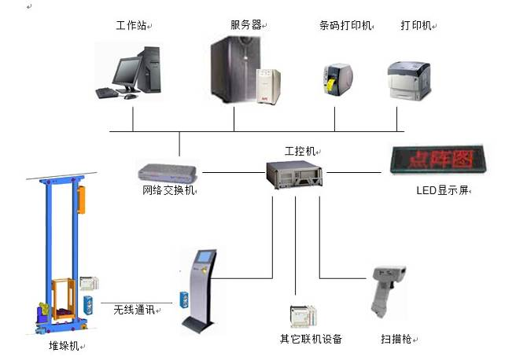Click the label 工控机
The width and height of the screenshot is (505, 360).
pos(297,149)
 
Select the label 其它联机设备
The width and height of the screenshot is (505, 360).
pos(311,340)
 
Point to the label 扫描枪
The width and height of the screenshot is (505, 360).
pos(396,340)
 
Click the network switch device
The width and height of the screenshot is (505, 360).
pos(168,172)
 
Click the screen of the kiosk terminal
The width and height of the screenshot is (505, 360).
pos(205,256)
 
